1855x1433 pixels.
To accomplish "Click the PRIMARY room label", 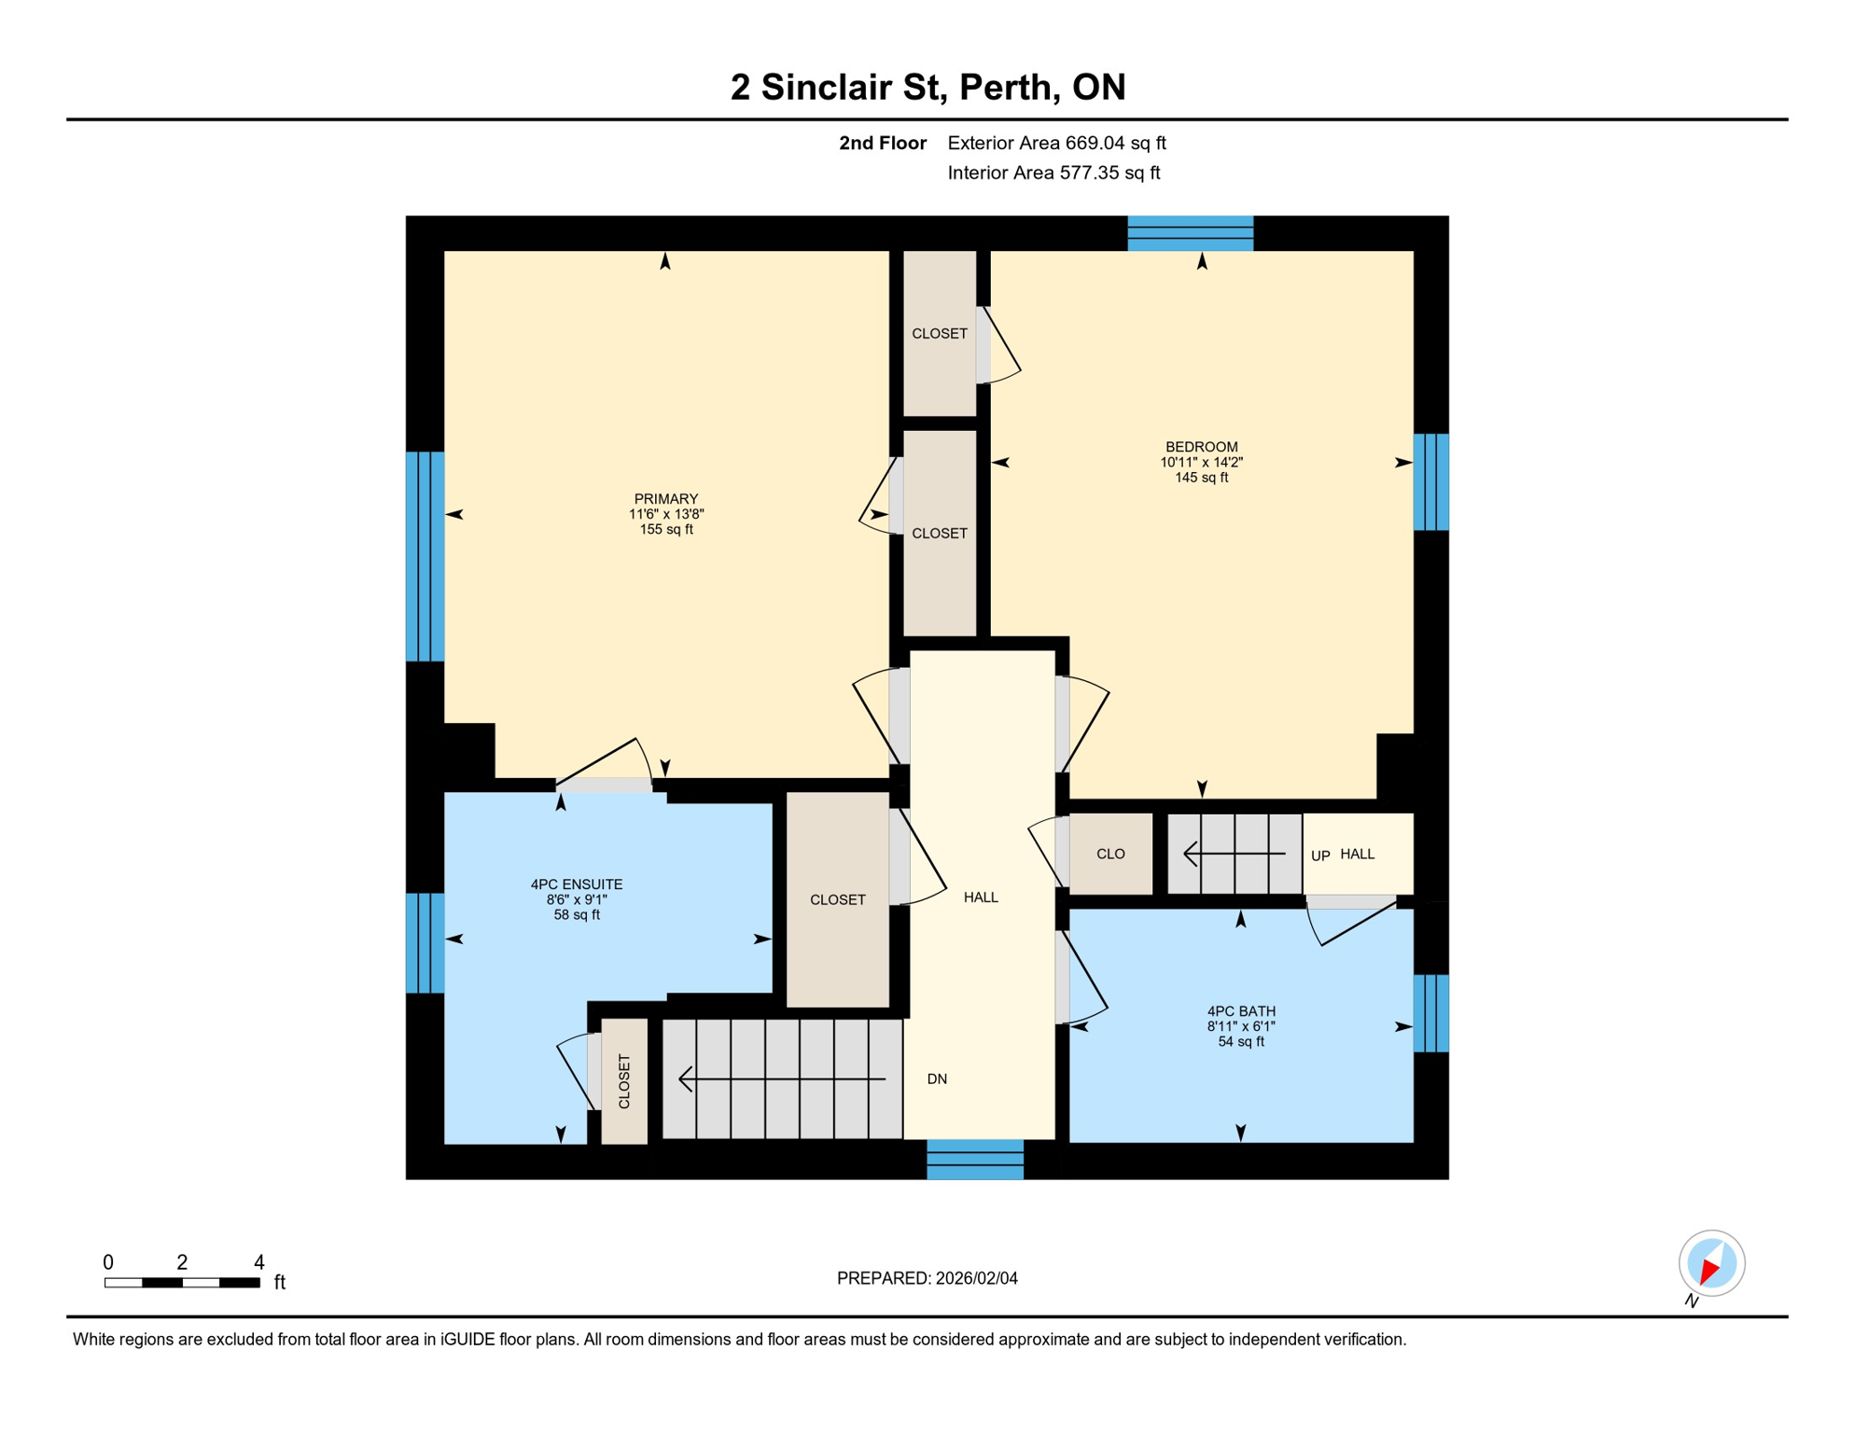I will coord(665,499).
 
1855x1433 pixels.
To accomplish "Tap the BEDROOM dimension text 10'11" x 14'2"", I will coord(1201,462).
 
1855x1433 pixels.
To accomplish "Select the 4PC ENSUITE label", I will coord(576,884).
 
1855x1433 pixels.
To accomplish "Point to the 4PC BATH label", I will coord(1240,1011).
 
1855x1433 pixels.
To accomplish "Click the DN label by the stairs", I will coord(937,1079).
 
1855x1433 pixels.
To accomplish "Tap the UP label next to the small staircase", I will coord(1319,856).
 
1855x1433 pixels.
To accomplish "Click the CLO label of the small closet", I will coord(1109,854).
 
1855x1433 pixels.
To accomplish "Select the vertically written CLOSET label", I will coord(624,1081).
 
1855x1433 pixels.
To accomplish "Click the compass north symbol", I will coord(1711,1265).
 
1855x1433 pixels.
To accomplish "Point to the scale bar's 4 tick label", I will coord(259,1262).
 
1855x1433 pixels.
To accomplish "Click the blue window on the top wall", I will coord(1190,233).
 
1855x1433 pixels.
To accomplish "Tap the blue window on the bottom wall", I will coord(974,1160).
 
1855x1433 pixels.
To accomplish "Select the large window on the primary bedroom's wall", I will coord(425,556).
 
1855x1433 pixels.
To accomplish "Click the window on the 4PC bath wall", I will coord(1430,1013).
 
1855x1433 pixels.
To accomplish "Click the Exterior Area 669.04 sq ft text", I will coord(1056,143).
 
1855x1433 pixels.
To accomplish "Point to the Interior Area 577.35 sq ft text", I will coord(1053,173).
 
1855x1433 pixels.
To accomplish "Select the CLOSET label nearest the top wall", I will coord(939,333).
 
